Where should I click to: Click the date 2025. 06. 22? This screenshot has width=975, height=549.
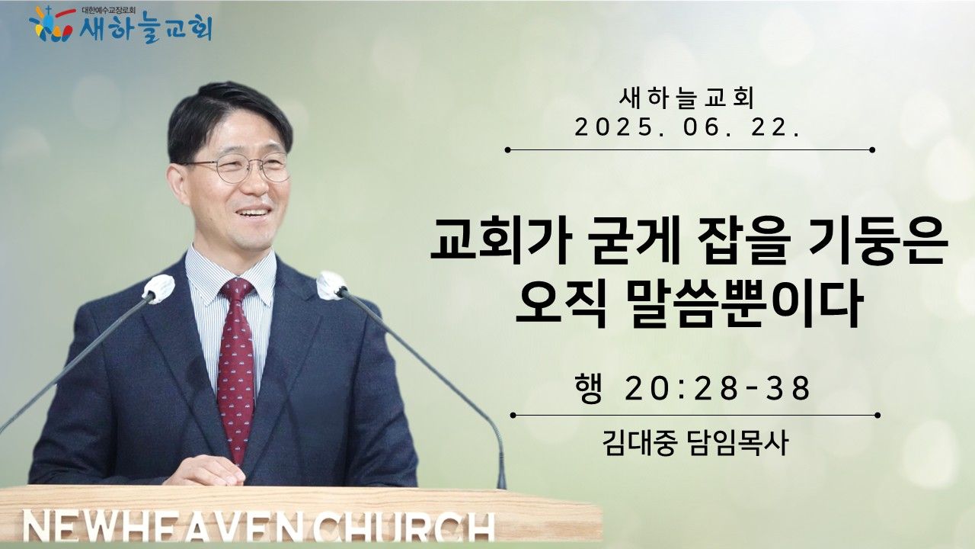coord(687,129)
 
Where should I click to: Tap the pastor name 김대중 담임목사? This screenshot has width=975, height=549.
coord(695,443)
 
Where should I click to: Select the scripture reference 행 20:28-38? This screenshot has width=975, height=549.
coord(692,388)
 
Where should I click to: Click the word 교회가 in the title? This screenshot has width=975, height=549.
coord(500,242)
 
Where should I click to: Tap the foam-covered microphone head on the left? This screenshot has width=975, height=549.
coord(158,288)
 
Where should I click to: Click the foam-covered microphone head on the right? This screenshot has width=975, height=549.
coord(331,285)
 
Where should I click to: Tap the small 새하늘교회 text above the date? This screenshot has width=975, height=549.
coord(687,98)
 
